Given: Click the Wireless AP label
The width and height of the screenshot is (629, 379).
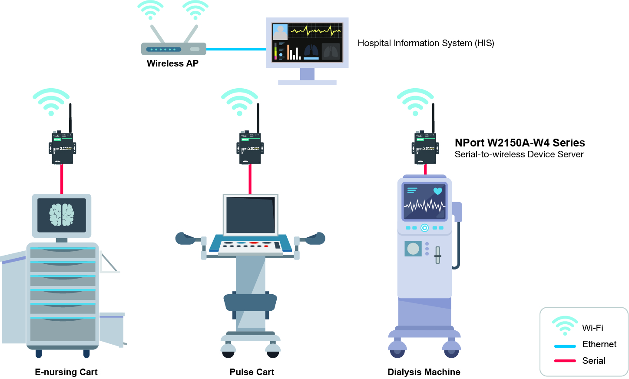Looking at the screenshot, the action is click(x=172, y=63).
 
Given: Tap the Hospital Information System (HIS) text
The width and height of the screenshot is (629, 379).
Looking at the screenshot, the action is click(x=426, y=43).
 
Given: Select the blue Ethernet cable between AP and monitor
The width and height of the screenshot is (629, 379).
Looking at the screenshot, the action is click(x=236, y=49).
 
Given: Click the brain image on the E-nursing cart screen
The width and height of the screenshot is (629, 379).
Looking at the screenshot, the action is click(x=62, y=215).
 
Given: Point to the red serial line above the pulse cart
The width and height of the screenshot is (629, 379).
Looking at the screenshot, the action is click(x=250, y=179).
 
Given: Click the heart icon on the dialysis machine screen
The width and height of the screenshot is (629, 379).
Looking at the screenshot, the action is click(x=437, y=191).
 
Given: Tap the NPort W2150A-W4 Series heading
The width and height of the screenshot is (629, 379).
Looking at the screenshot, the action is click(x=520, y=143).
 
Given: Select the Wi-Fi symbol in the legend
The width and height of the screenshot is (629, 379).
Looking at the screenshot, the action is click(x=565, y=326).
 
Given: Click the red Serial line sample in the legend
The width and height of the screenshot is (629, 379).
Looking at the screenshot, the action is click(x=565, y=361).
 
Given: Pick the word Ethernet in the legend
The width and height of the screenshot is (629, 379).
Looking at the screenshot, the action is click(x=599, y=344).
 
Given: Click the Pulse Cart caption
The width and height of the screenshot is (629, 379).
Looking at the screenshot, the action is click(x=252, y=372).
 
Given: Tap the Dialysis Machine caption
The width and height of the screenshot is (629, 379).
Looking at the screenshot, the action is click(x=424, y=372).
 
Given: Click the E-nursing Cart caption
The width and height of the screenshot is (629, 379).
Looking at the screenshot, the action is click(x=66, y=372).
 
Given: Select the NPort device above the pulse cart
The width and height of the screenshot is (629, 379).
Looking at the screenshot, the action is click(x=250, y=147).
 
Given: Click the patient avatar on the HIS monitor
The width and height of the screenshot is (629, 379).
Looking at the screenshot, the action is click(x=280, y=32).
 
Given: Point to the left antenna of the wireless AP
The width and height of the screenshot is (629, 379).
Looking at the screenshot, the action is click(x=157, y=34).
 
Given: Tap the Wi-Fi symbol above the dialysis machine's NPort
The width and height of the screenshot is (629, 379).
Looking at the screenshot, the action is click(x=415, y=102).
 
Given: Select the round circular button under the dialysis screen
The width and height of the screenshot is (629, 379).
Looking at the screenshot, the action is click(x=424, y=228).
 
